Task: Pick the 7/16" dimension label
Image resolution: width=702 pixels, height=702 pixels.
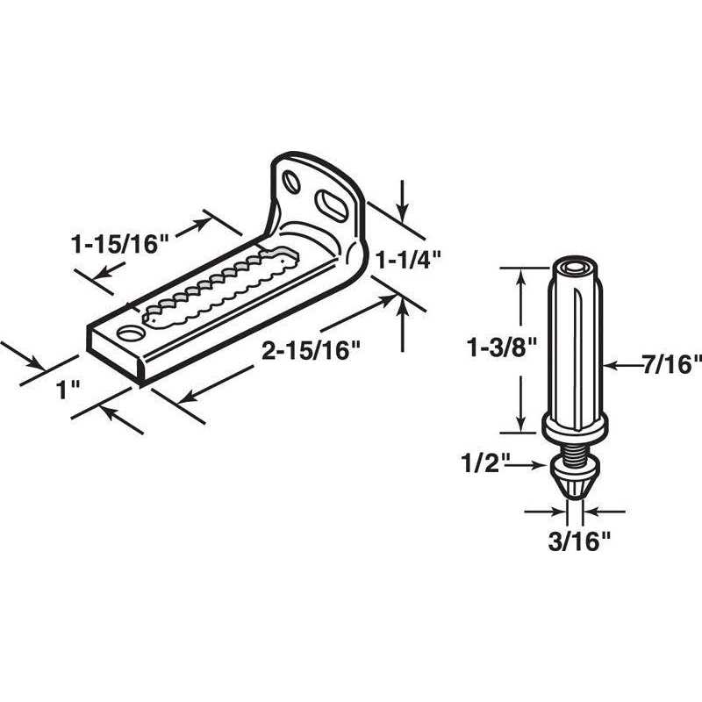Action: tap(672, 362)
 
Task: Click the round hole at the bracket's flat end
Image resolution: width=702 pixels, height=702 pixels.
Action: tap(129, 334)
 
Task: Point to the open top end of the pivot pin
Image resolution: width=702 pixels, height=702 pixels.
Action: tap(576, 266)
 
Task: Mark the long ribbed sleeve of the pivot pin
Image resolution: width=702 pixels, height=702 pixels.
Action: tap(575, 342)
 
